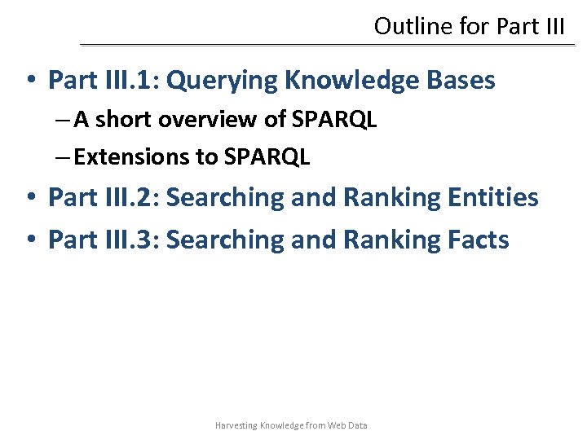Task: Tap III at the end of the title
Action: pos(553,26)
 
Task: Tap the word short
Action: pos(125,120)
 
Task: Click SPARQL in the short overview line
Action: pos(334,120)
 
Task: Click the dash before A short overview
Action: pos(65,121)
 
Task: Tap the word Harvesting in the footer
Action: pos(235,425)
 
